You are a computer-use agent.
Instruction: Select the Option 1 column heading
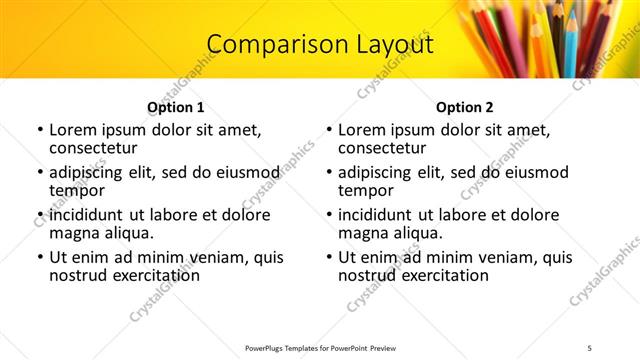click(175, 108)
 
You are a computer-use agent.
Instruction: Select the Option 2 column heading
click(464, 108)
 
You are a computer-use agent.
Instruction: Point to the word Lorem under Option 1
click(74, 130)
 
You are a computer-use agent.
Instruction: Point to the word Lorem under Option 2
click(363, 130)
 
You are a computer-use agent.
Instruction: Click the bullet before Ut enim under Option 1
click(39, 258)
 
